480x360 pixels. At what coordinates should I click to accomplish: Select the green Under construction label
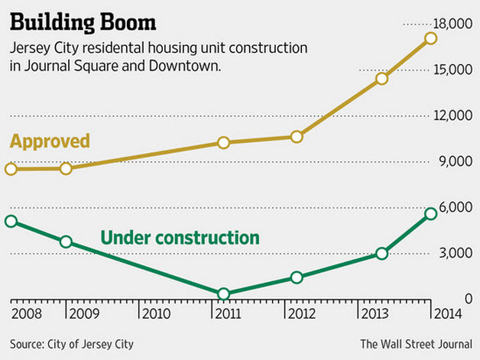click(x=180, y=238)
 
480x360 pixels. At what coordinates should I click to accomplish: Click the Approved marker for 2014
click(x=431, y=37)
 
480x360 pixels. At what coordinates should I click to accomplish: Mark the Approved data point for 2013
click(x=382, y=78)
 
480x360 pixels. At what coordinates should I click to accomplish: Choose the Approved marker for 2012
click(x=297, y=136)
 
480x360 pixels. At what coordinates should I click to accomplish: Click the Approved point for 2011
click(x=223, y=142)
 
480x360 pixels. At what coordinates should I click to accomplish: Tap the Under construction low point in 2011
click(x=223, y=294)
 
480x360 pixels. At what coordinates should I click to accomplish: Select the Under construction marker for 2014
click(x=431, y=213)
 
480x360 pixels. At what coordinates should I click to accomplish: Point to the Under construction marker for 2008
click(x=11, y=221)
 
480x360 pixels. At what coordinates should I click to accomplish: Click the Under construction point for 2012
click(x=297, y=277)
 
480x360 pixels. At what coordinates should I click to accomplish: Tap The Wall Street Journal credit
click(x=417, y=344)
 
